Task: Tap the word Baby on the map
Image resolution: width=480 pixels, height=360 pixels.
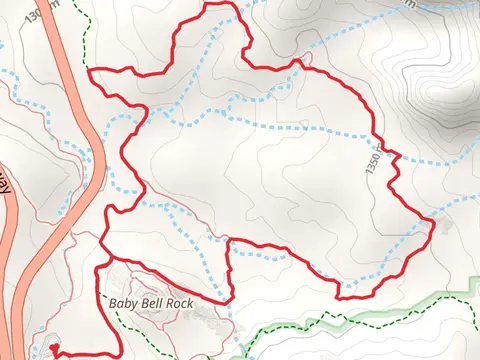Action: coord(120,300)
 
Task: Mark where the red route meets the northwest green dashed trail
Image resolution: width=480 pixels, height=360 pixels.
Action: coord(92,71)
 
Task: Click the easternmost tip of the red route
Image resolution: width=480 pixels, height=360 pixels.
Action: coord(432,221)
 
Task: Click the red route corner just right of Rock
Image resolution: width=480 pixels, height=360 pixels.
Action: coord(232,298)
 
